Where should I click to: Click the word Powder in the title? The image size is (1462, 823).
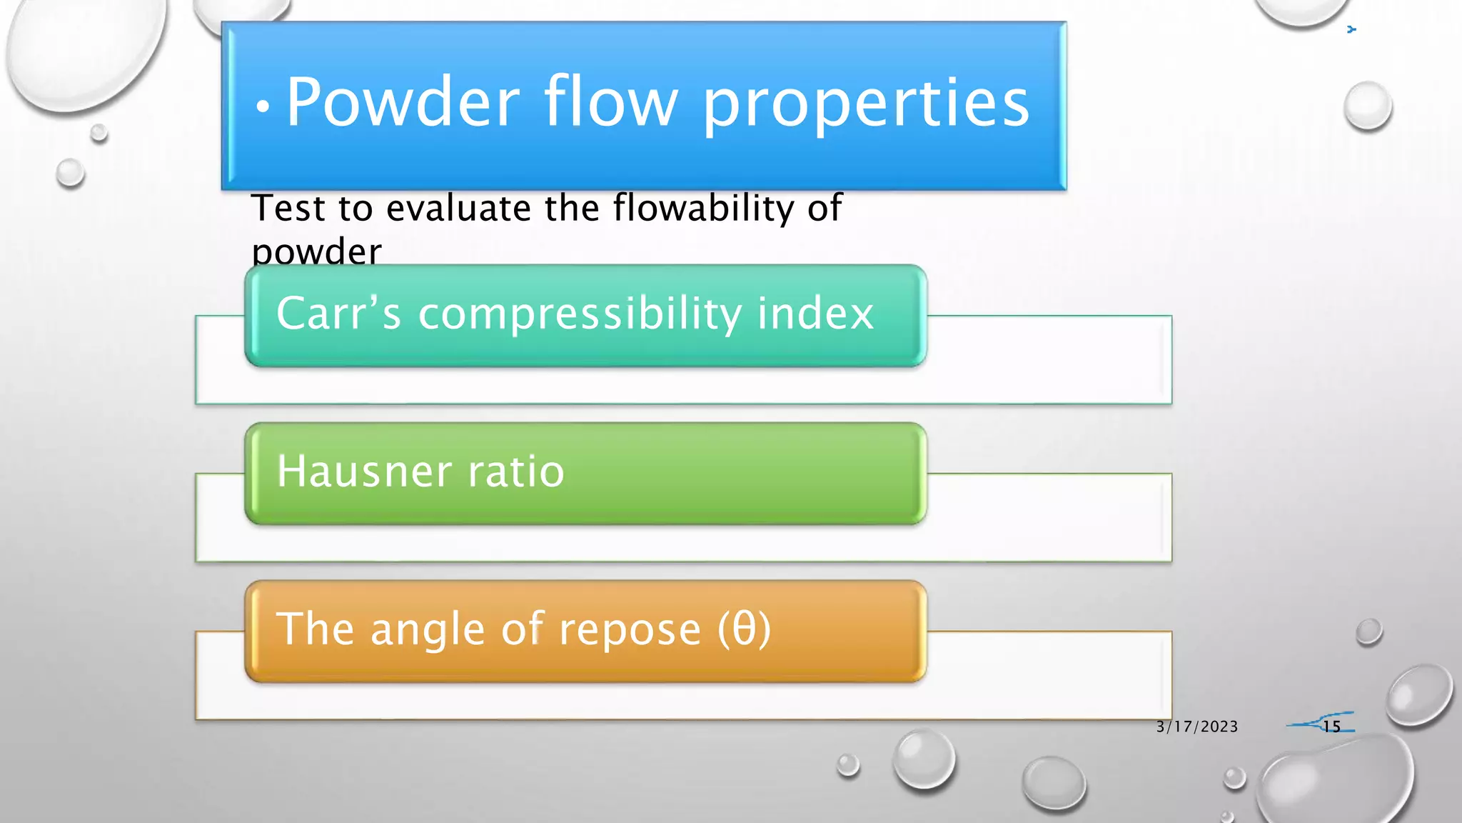[x=403, y=104]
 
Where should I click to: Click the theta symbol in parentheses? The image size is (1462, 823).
[x=745, y=629]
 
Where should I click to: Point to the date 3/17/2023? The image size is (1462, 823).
[x=1197, y=727]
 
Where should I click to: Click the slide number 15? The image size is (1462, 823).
[x=1331, y=727]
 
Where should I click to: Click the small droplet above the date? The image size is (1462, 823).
[x=1368, y=632]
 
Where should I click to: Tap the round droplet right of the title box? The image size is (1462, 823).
[x=1367, y=106]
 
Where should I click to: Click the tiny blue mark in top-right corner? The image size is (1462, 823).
[x=1351, y=29]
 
